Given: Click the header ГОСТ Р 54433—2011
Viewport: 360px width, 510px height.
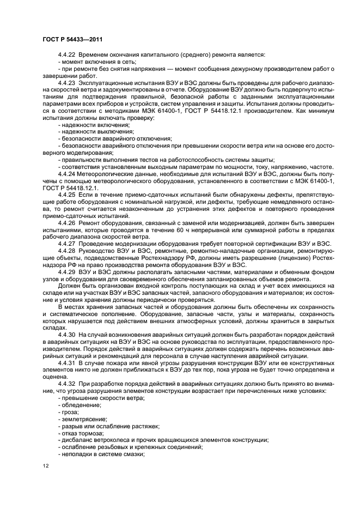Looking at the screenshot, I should [x=72, y=40].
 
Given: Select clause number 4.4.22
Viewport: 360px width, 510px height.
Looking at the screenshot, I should [x=67, y=55].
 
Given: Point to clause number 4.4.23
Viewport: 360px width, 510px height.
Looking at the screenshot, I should [x=67, y=81].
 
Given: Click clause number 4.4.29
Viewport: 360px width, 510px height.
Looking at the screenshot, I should [x=67, y=272].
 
